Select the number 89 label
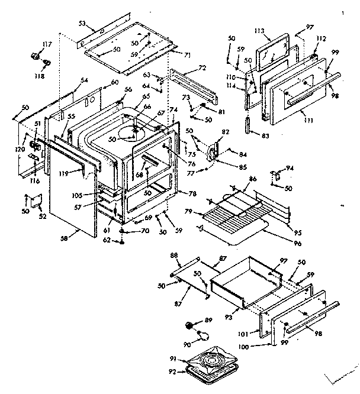click(209, 320)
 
